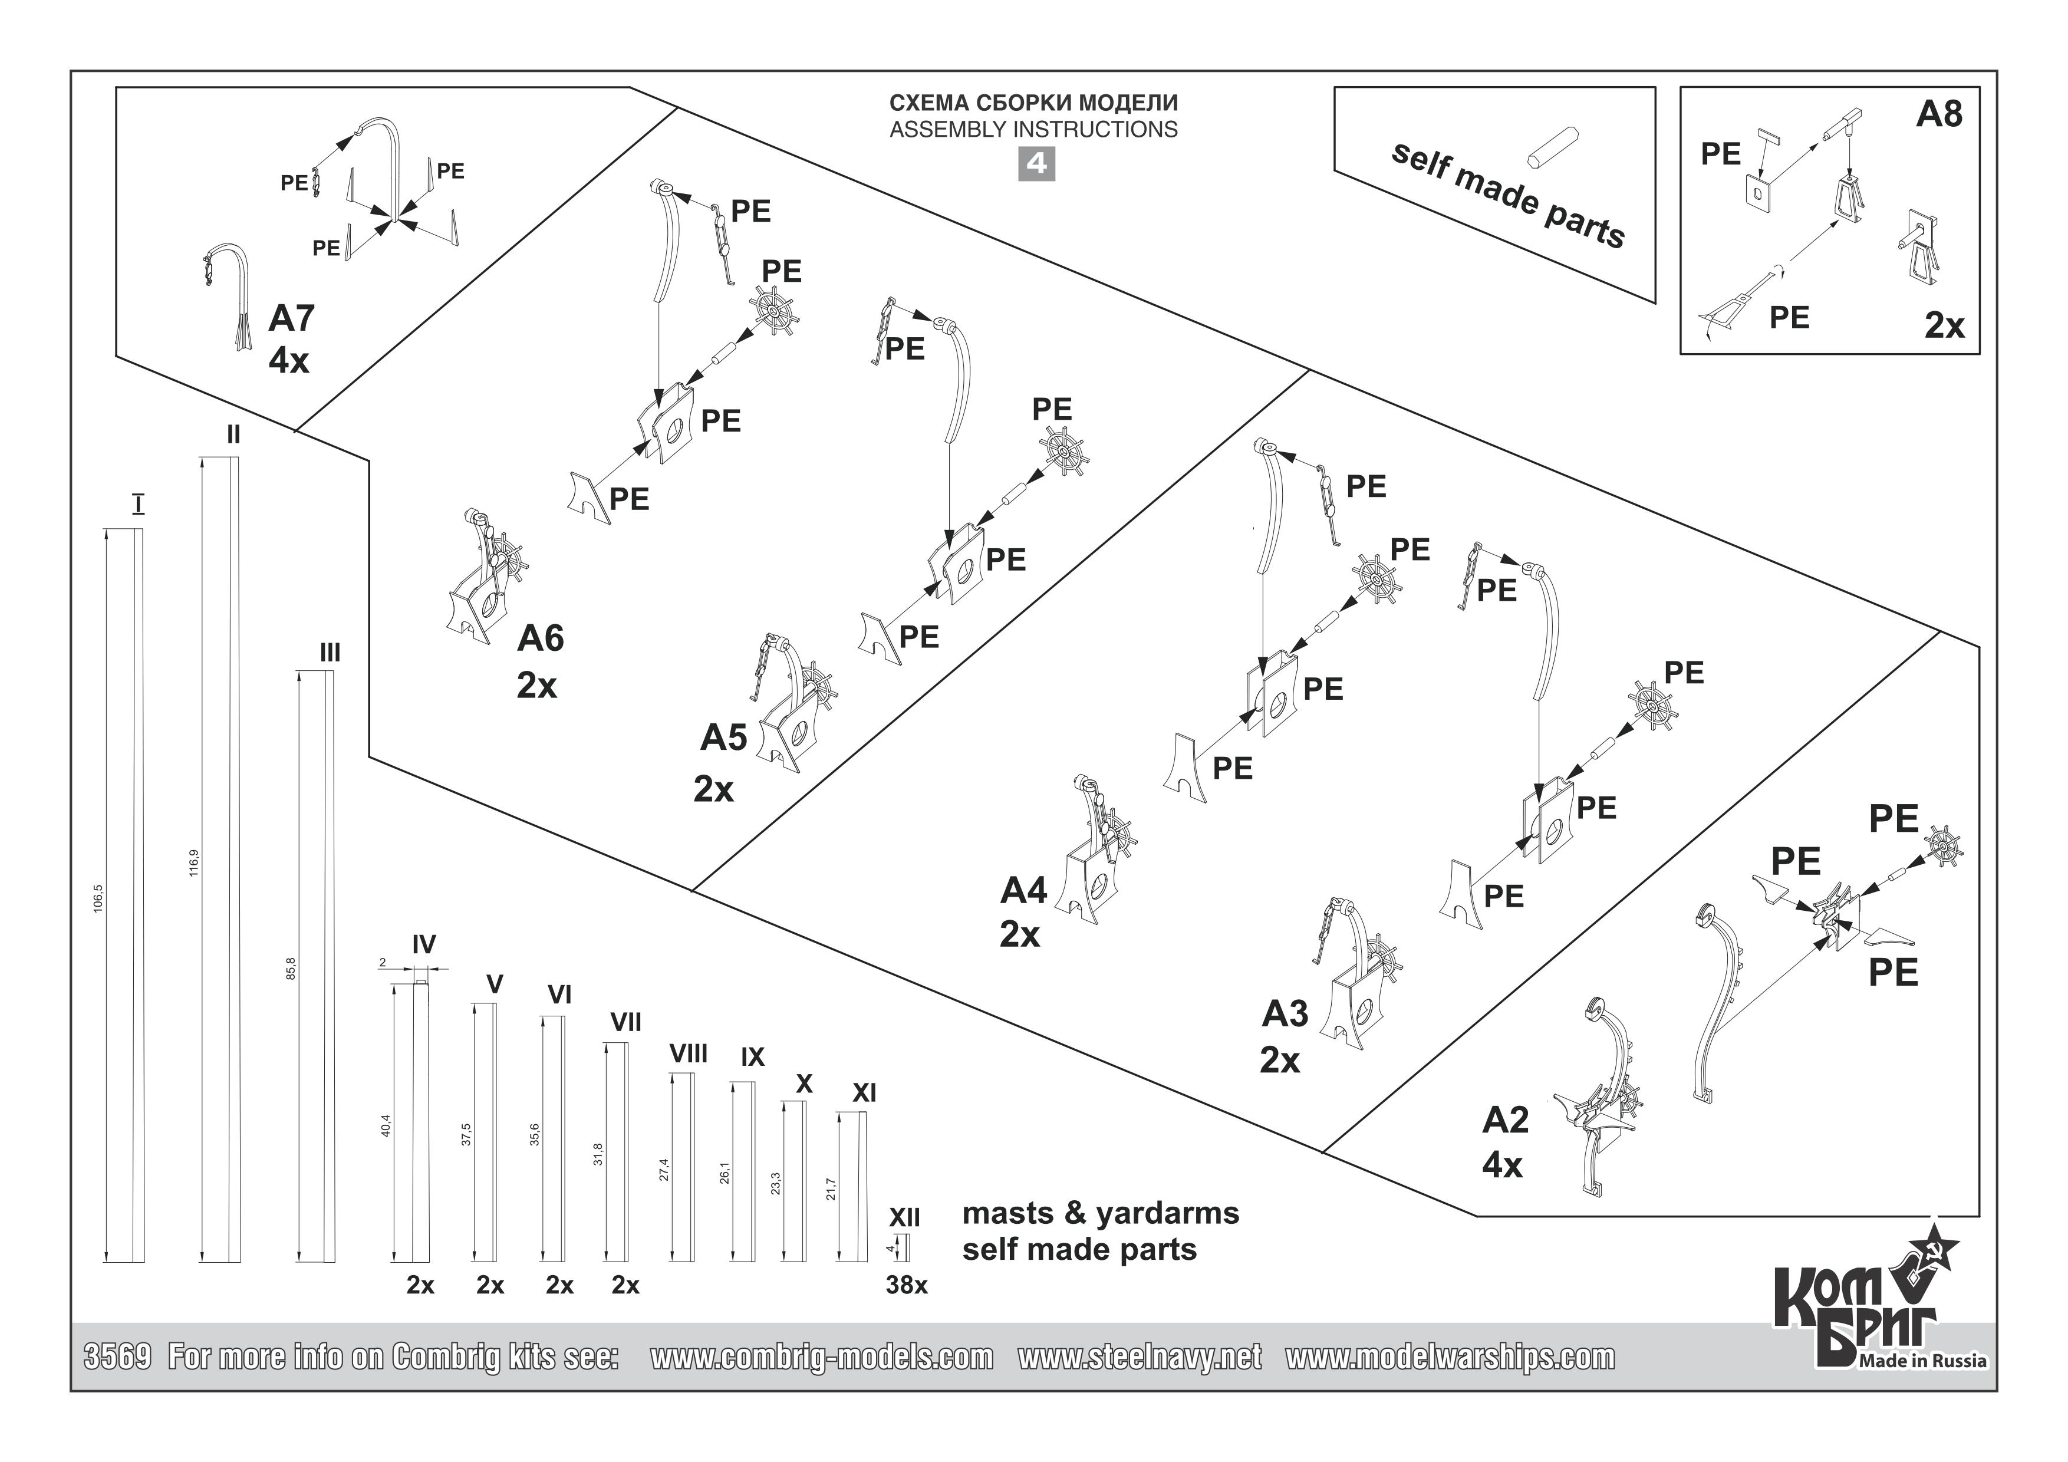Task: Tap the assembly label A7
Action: click(x=291, y=318)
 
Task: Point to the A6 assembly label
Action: click(x=541, y=638)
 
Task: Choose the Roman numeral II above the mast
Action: click(x=233, y=435)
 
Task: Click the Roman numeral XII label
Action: click(x=904, y=1218)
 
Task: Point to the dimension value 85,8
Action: click(x=290, y=969)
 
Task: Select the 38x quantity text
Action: click(x=906, y=1286)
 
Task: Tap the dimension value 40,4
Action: click(x=386, y=1126)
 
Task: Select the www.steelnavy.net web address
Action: click(x=1140, y=1356)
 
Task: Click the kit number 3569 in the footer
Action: click(x=117, y=1356)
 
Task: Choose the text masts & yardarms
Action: click(x=1101, y=1213)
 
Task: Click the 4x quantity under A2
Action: click(x=1501, y=1165)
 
